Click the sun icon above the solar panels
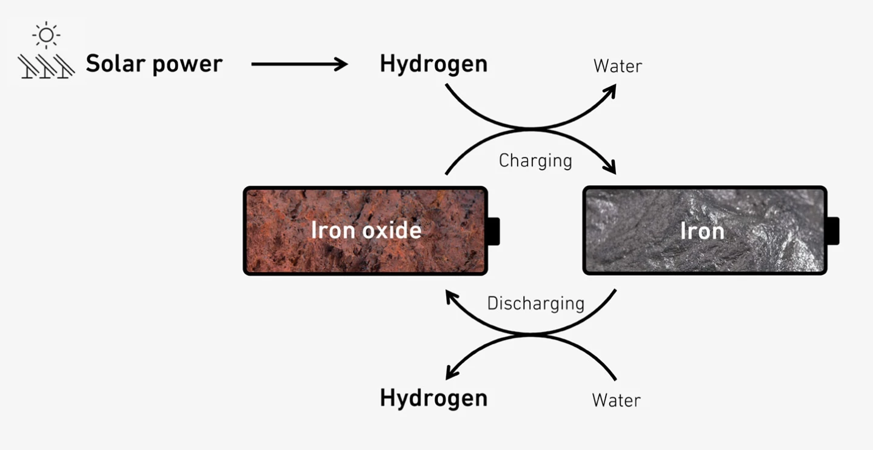pos(46,36)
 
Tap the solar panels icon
pos(45,65)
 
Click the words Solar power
pos(154,64)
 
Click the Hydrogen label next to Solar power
pos(433,64)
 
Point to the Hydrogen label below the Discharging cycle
pos(433,398)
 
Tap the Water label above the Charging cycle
pos(617,65)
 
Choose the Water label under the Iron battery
pos(616,400)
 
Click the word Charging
pos(535,160)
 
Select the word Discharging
pos(535,303)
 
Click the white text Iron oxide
pos(366,230)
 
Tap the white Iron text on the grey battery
pos(702,231)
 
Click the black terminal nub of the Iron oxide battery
pos(493,231)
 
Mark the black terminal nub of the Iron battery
pos(832,231)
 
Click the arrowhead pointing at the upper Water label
pos(609,90)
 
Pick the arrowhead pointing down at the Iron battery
pos(609,168)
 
